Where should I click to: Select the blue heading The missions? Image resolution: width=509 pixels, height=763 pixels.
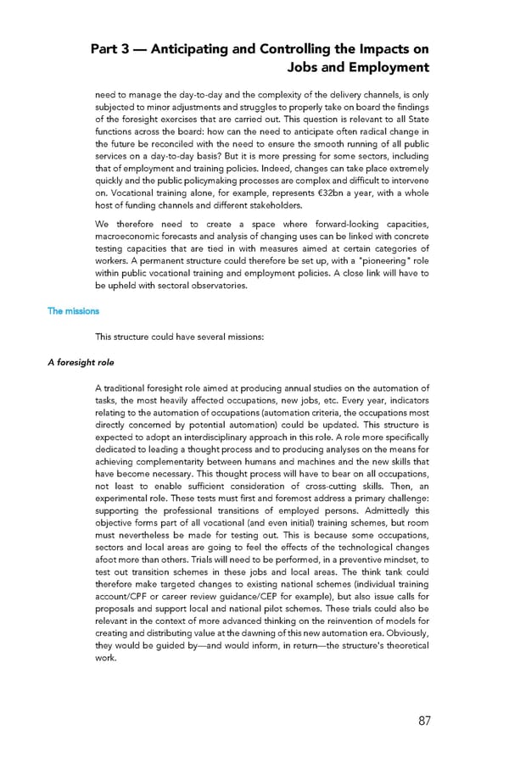click(x=73, y=311)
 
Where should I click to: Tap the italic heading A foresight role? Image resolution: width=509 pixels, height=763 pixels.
click(x=82, y=362)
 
